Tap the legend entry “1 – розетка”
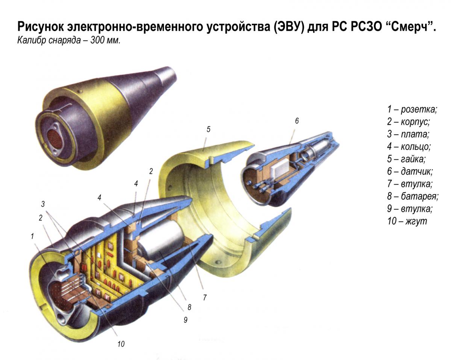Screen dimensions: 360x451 tap(412, 110)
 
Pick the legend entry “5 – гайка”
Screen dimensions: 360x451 tap(407, 159)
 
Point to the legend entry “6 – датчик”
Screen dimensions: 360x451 tap(410, 171)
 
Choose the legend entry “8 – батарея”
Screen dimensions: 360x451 tap(413, 196)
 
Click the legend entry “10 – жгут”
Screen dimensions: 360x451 tap(407, 221)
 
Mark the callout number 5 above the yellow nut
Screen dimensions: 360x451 tap(208, 129)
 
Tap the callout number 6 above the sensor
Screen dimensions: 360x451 tap(297, 121)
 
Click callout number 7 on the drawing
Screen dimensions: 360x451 tap(204, 298)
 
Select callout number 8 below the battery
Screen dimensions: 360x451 tap(189, 307)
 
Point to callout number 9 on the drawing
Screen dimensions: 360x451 tap(185, 320)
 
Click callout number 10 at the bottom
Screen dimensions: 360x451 tap(121, 343)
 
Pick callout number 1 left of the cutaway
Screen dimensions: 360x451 tap(32, 236)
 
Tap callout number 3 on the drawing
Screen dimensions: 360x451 tap(43, 204)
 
